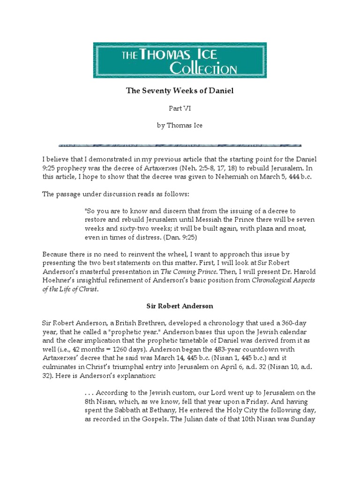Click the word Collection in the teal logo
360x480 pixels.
[202, 69]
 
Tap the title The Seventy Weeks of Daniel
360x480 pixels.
[180, 91]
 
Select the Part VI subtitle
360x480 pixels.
[180, 108]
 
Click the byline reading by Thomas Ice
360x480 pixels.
[180, 126]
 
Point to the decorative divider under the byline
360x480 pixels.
[180, 145]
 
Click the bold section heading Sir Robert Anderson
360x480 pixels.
[180, 306]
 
